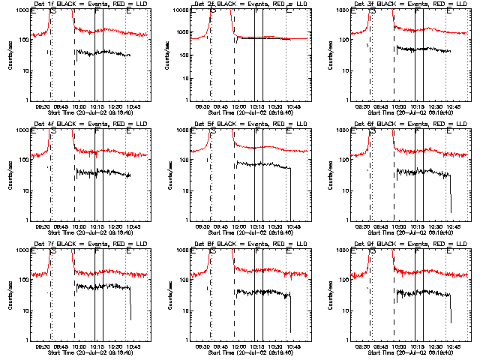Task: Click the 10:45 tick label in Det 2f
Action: (292, 106)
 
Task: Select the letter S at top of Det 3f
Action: (373, 10)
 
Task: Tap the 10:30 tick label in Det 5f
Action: (276, 226)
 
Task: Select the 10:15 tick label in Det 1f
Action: (97, 106)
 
